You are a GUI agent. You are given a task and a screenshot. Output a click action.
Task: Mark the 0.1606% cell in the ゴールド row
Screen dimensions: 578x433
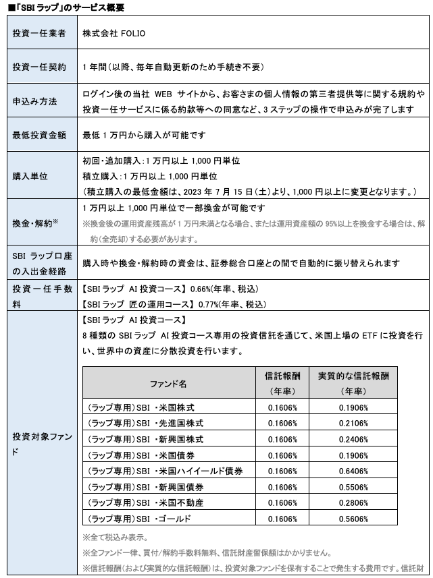(282, 519)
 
